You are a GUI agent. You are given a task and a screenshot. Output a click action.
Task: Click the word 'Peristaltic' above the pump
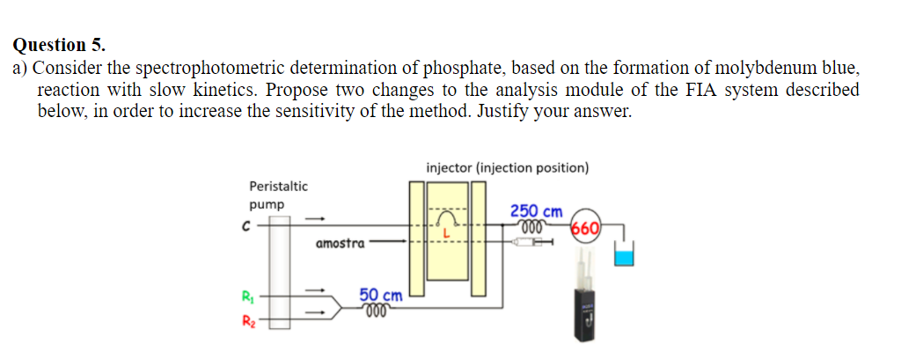click(278, 186)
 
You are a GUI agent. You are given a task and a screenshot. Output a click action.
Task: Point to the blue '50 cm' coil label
click(380, 296)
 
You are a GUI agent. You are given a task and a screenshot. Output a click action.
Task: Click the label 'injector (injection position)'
click(507, 168)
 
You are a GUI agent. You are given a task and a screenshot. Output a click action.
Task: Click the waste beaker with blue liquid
click(624, 257)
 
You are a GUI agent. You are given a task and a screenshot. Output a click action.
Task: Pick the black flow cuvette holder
click(586, 312)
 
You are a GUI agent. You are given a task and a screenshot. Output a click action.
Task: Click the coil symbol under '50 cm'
click(376, 311)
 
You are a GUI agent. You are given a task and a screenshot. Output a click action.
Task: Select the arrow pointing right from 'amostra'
click(392, 239)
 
